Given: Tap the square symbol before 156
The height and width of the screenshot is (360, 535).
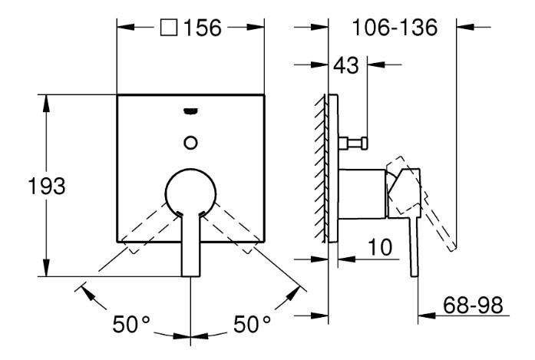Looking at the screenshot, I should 169,28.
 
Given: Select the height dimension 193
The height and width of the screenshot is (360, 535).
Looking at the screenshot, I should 51,186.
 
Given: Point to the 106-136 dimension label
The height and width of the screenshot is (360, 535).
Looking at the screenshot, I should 395,28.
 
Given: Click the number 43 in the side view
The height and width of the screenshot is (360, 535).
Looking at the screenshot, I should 346,66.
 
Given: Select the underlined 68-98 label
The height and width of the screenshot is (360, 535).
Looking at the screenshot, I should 474,305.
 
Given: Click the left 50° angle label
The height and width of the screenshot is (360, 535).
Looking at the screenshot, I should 131,325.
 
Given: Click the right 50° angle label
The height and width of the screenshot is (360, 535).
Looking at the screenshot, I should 252,325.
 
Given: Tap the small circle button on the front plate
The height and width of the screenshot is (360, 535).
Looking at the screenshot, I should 190,141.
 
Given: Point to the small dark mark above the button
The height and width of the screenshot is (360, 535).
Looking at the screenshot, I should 190,113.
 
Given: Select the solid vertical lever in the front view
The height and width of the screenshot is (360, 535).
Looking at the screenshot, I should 190,246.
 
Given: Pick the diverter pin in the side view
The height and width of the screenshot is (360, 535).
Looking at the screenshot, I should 355,142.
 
